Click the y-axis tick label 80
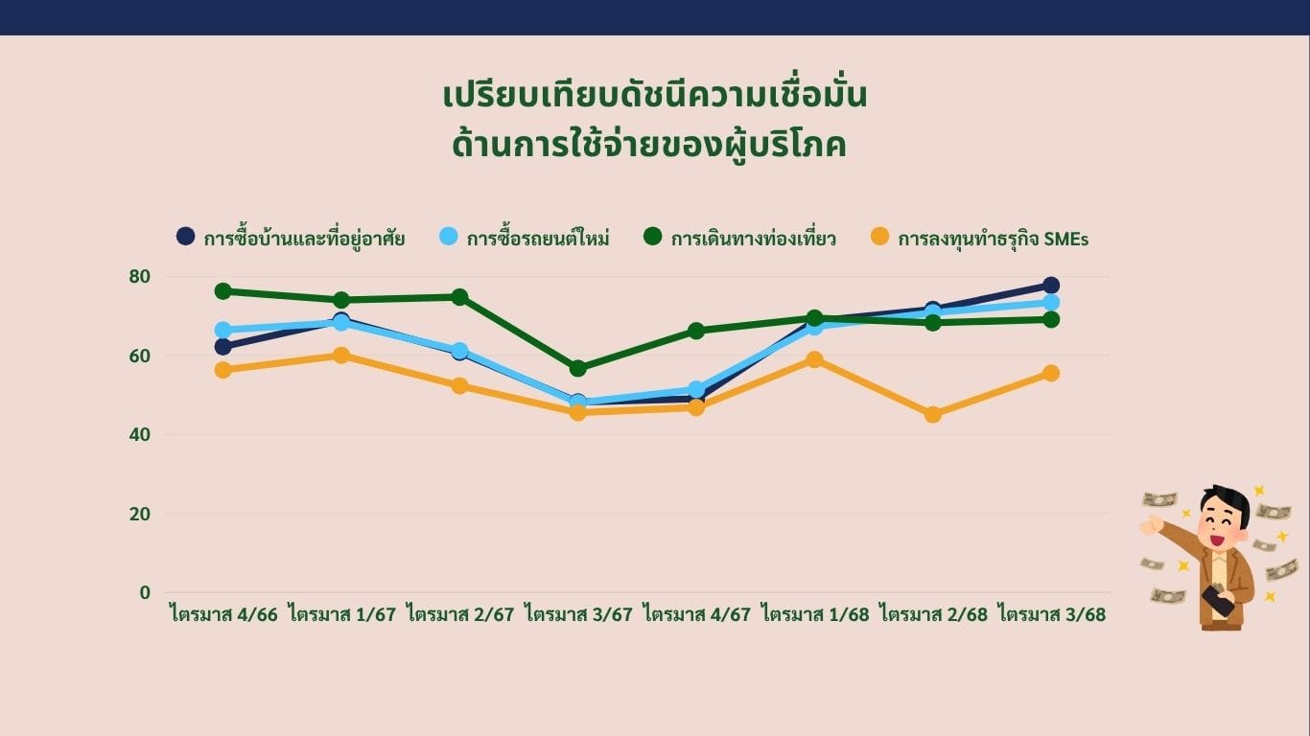click(139, 277)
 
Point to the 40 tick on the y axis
click(139, 435)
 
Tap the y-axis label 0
click(145, 593)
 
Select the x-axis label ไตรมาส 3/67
click(579, 614)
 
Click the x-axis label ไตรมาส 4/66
click(224, 614)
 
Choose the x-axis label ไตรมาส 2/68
click(933, 614)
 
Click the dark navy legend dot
click(185, 236)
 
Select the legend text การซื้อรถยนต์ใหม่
click(538, 239)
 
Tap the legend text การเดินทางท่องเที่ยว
click(753, 239)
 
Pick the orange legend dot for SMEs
click(879, 236)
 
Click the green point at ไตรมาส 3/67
click(578, 368)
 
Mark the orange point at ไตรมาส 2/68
click(933, 414)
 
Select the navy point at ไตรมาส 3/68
click(1051, 286)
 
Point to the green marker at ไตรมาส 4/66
click(222, 291)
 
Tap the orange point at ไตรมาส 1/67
click(341, 356)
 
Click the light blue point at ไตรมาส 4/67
click(696, 389)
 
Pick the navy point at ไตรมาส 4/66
click(222, 347)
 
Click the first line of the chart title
click(655, 97)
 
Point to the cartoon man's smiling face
click(1220, 524)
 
